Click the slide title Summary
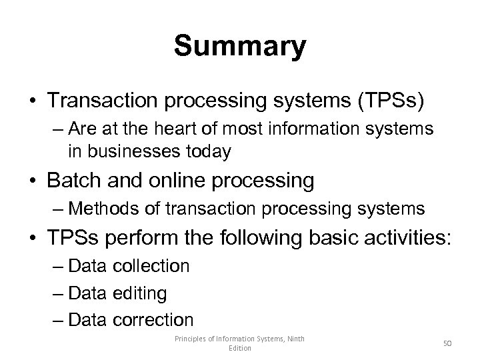pos(240,47)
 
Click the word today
pos(207,151)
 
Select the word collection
pos(151,266)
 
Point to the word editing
pos(140,293)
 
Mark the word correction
pos(153,319)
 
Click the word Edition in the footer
pos(240,348)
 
